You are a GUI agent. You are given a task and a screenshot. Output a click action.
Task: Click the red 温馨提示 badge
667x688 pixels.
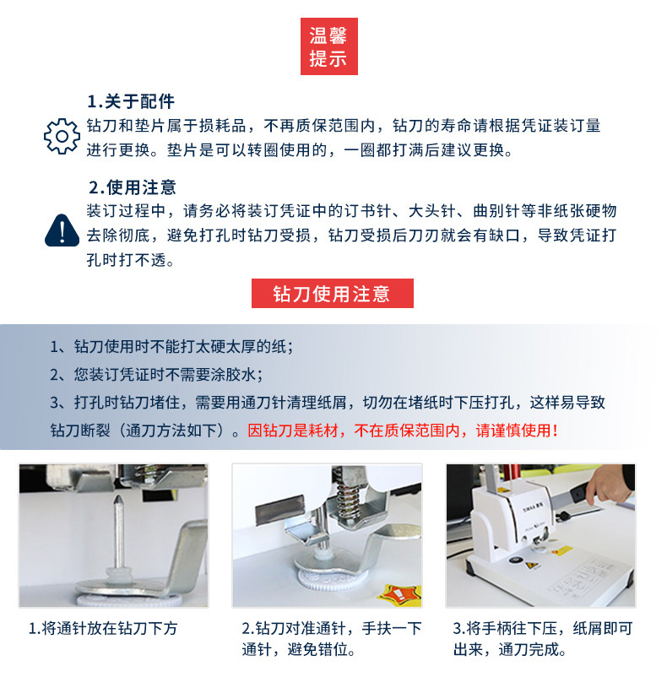328,46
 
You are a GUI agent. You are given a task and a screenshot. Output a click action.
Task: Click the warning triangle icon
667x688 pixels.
62,230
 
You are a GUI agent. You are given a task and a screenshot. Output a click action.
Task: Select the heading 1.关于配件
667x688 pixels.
131,101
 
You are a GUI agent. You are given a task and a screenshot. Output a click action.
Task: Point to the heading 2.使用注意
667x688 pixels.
132,187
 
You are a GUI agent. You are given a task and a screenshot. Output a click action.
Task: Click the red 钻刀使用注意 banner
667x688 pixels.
332,293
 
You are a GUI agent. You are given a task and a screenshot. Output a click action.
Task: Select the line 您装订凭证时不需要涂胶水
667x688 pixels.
156,375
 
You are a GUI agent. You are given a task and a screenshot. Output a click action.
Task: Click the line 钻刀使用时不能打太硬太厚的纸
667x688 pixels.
171,347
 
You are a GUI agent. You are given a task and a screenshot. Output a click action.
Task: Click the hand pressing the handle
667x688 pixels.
608,485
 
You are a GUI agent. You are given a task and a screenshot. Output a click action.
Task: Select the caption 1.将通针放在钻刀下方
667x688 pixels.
103,628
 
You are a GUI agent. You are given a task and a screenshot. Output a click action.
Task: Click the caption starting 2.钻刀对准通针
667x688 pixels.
331,639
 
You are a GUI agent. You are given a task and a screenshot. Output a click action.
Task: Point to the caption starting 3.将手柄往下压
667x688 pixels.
543,639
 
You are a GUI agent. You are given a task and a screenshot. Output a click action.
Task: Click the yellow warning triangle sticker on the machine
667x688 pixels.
532,566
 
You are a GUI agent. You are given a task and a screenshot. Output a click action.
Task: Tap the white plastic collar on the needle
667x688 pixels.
118,573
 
